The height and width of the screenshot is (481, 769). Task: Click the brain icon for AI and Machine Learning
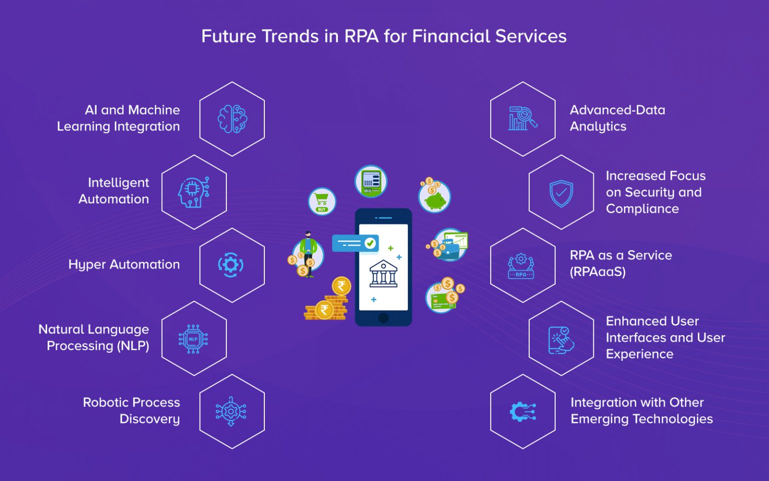tap(232, 119)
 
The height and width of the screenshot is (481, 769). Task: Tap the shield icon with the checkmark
tap(561, 193)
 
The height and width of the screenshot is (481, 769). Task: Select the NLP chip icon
tap(193, 339)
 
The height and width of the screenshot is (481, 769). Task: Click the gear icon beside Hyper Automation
tap(231, 265)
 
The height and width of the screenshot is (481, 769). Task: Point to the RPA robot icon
tap(521, 266)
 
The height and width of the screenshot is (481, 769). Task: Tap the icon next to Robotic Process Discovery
tap(231, 411)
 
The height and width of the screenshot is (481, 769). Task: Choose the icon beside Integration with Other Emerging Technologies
tap(522, 412)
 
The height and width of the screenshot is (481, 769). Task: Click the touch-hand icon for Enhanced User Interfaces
tap(561, 340)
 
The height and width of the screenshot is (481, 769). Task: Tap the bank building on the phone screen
tap(383, 274)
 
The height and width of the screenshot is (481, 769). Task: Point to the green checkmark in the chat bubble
tap(370, 243)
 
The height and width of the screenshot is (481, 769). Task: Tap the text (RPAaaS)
tap(598, 272)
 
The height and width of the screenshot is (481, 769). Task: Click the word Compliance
tap(642, 209)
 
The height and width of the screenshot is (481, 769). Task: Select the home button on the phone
tap(383, 318)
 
